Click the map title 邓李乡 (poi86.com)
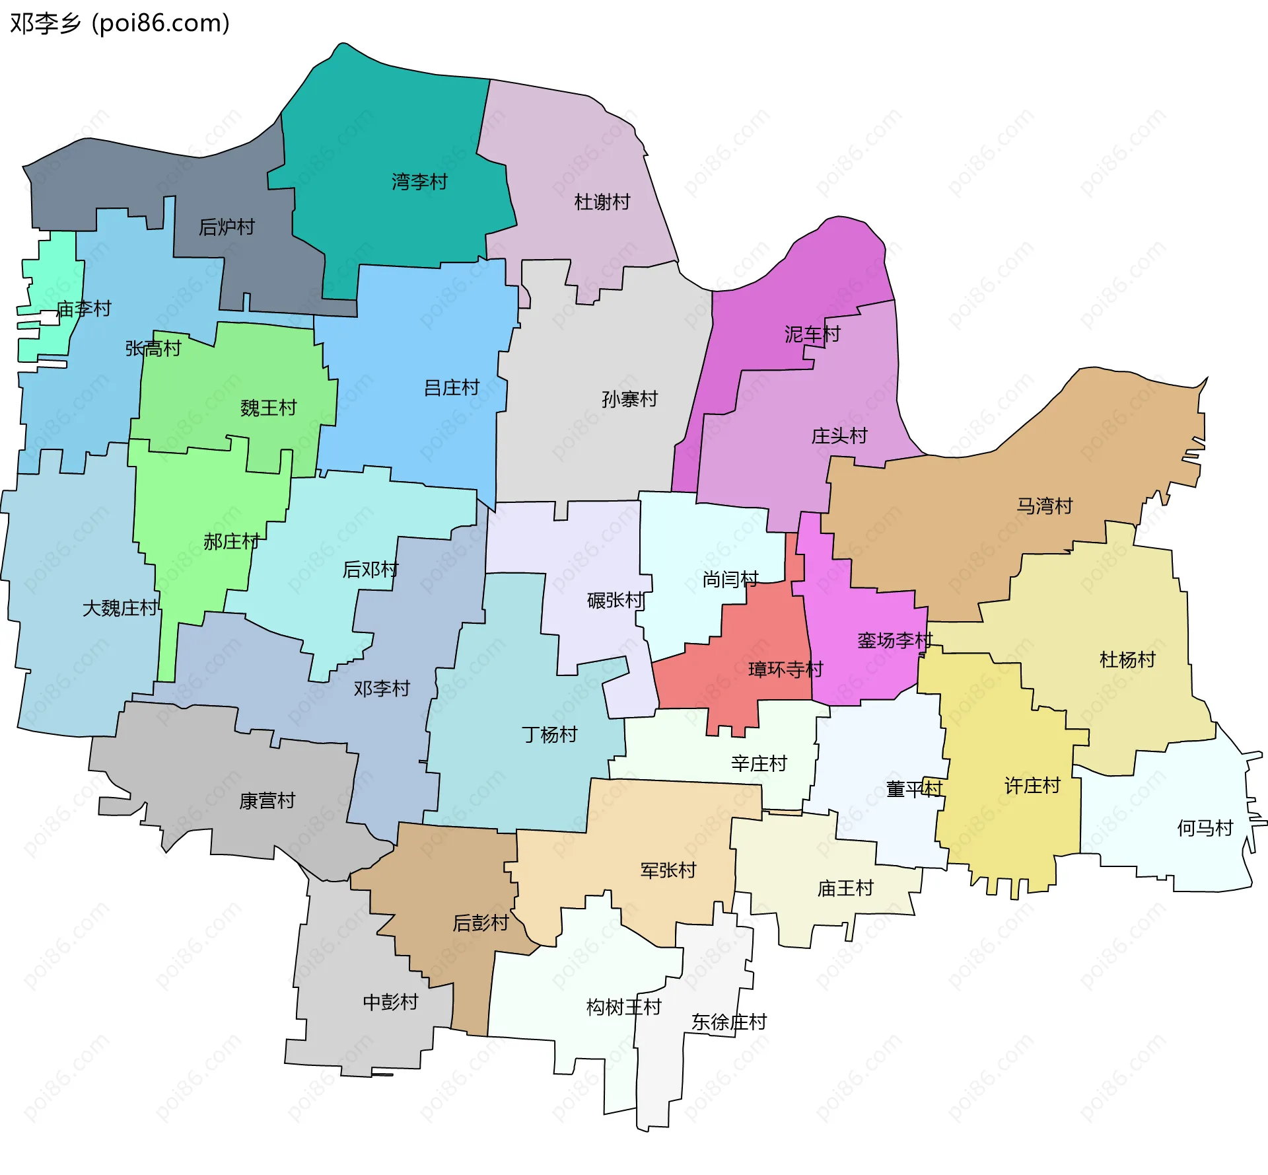tap(120, 23)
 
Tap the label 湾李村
tap(419, 182)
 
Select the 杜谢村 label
tap(602, 202)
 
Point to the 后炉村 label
tap(227, 227)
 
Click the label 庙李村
tap(83, 309)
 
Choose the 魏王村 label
tap(268, 408)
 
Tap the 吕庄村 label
tap(451, 388)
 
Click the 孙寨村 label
tap(629, 399)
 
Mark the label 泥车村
tap(812, 334)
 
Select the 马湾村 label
tap(1044, 506)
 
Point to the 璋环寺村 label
tap(785, 669)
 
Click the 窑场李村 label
tap(894, 640)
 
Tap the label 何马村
tap(1205, 828)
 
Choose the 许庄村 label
tap(1032, 786)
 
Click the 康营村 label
tap(267, 801)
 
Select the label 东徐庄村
tap(728, 1022)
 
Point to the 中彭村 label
tap(390, 1003)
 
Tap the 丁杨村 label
tap(549, 734)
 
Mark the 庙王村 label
tap(845, 888)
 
